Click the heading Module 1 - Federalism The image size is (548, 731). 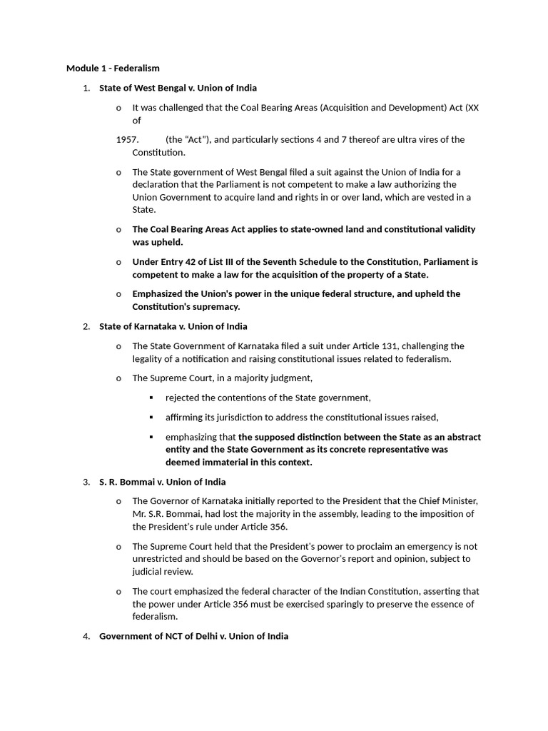tap(113, 69)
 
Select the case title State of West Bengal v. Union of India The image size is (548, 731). tap(178, 88)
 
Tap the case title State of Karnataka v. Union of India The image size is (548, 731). tap(173, 326)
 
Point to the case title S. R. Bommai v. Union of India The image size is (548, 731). tap(162, 482)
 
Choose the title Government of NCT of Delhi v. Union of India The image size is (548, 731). tap(193, 635)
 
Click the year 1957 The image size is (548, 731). tap(127, 139)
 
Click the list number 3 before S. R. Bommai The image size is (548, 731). tap(86, 482)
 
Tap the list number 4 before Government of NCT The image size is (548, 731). tap(86, 635)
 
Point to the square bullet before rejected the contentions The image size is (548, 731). tap(151, 398)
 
